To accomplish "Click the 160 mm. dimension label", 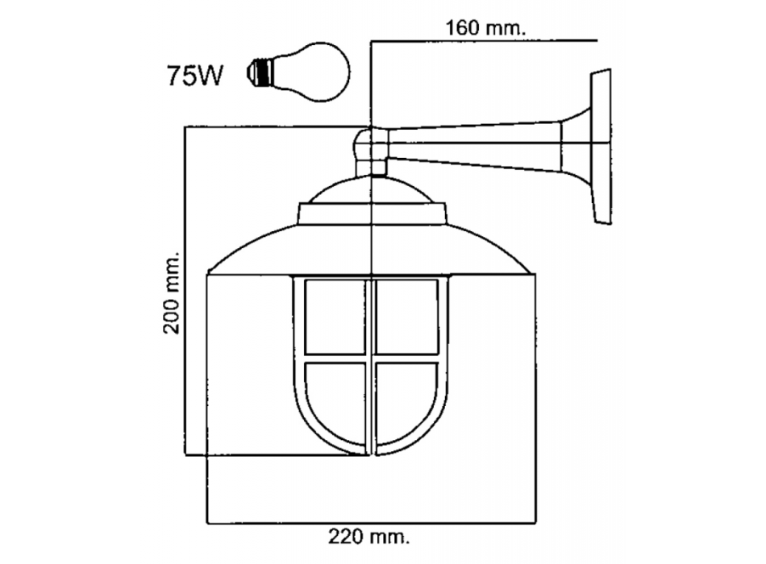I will (485, 27).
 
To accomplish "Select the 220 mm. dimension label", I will (368, 534).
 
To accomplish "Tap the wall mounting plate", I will (601, 145).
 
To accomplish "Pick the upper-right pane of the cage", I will (407, 316).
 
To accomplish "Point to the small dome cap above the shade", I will (371, 191).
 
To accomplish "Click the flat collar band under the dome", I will (371, 214).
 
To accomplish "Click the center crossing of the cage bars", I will (372, 359).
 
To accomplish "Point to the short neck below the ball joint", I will (371, 168).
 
